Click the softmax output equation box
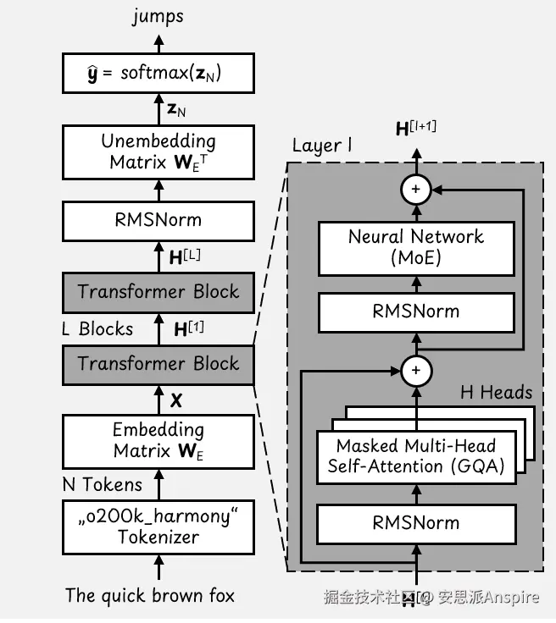(x=158, y=74)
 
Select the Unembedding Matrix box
(x=158, y=152)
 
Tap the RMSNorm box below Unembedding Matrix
(x=158, y=220)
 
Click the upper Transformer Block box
(x=158, y=292)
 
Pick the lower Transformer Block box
(x=158, y=364)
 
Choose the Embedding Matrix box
(x=158, y=439)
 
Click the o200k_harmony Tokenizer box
(x=158, y=527)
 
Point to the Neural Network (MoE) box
(x=416, y=247)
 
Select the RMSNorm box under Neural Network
(x=416, y=311)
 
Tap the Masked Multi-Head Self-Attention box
(x=416, y=456)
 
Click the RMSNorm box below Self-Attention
(x=416, y=522)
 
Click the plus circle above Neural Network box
(x=415, y=190)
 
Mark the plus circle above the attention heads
(x=415, y=370)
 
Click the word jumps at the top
(x=158, y=16)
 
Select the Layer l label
(x=321, y=146)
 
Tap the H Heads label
(x=496, y=392)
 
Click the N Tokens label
(x=102, y=485)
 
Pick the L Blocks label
(x=97, y=328)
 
